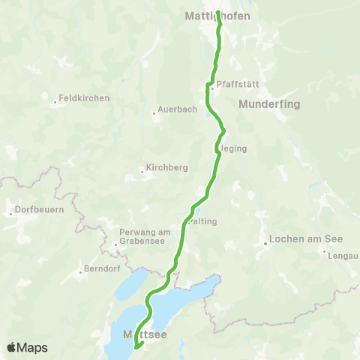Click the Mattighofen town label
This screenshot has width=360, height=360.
pyautogui.click(x=217, y=14)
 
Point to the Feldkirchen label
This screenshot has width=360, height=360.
pyautogui.click(x=84, y=98)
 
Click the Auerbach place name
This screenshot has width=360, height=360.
pyautogui.click(x=178, y=109)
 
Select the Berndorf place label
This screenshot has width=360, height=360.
pyautogui.click(x=98, y=268)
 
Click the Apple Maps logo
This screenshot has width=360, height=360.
pyautogui.click(x=26, y=347)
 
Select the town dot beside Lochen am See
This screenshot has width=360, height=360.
pyautogui.click(x=265, y=243)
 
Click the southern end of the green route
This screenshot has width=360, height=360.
pyautogui.click(x=136, y=346)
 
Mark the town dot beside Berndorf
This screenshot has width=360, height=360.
pyautogui.click(x=79, y=272)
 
